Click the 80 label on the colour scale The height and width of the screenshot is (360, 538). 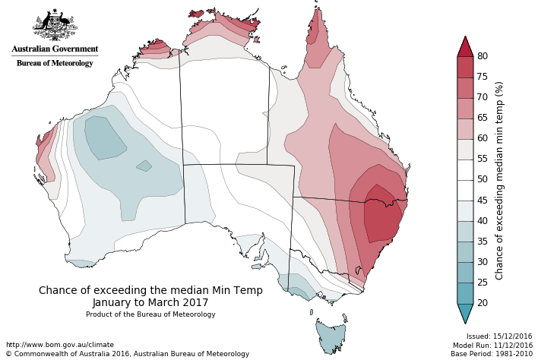coord(482,56)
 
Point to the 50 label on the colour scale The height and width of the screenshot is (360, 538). coord(482,179)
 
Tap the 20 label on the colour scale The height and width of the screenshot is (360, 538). coord(482,303)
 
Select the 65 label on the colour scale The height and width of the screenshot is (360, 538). coord(482,118)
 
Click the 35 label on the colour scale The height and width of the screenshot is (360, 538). coord(482,242)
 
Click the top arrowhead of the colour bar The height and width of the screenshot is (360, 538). coord(465,46)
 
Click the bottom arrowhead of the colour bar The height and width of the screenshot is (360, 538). coord(465,313)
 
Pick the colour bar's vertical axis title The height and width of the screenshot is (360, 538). coord(499,181)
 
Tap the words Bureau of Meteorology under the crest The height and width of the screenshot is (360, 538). coord(55,63)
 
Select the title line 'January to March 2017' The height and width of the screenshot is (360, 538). coord(150,302)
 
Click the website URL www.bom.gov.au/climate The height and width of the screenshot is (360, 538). coord(59,345)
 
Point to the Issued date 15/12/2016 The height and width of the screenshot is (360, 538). coord(499,336)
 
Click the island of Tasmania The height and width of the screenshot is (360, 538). coord(330,335)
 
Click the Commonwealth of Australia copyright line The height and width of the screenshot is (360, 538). coord(127,354)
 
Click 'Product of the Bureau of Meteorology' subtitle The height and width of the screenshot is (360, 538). coord(150,314)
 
